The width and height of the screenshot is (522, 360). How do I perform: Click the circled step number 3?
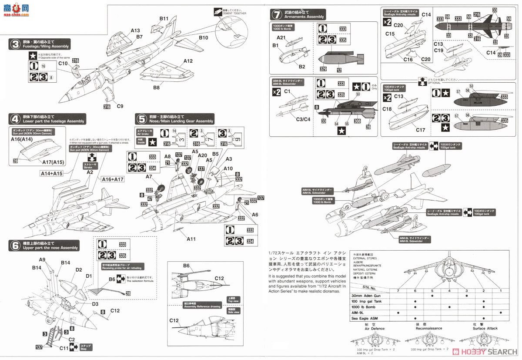click(x=15, y=44)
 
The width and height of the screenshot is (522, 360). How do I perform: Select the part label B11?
click(x=164, y=18)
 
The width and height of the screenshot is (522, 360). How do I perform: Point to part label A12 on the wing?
click(x=187, y=61)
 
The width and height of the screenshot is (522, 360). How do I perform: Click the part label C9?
click(x=120, y=106)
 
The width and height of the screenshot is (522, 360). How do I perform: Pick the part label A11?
click(x=191, y=239)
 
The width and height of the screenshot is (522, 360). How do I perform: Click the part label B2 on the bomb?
click(x=302, y=66)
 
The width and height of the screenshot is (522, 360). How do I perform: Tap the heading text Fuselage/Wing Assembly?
click(x=46, y=46)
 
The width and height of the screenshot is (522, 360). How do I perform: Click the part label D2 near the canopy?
click(x=78, y=270)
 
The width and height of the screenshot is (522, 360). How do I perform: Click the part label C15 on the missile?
click(x=390, y=34)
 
